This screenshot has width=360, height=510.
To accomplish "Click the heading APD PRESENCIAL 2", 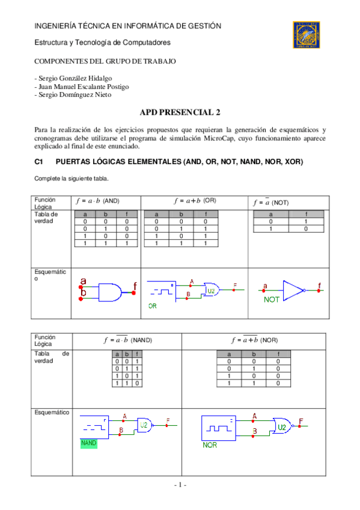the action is point(180,112).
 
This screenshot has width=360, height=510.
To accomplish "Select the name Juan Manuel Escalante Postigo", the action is point(82,87).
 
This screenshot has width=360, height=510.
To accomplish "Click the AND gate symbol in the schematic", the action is point(109,292).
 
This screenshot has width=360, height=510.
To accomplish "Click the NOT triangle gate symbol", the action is point(293,289).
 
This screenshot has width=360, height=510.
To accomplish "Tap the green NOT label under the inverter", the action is point(272,299).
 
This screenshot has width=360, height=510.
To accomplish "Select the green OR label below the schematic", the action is point(153,306).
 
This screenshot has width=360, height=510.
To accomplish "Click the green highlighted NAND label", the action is point(88,443).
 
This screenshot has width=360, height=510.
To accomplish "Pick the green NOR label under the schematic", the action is point(210,445).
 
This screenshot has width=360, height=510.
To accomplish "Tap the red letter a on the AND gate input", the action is point(83,281).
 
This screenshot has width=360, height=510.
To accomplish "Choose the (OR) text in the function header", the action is point(210,200).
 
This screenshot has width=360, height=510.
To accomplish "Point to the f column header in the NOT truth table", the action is point(307,214).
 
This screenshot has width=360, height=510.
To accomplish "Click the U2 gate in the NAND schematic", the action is point(144,425).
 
